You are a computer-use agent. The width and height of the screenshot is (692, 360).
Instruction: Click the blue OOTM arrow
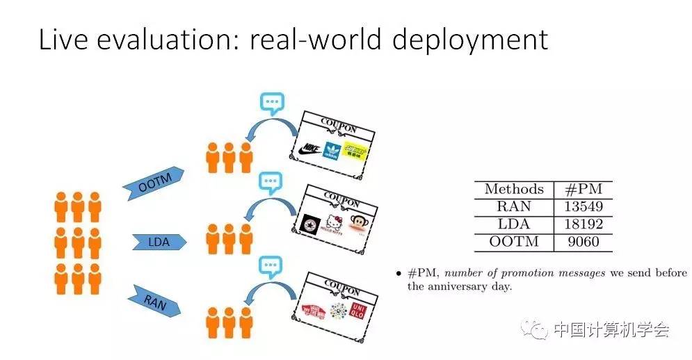click(153, 183)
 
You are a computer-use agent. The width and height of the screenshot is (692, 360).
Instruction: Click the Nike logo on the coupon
click(307, 149)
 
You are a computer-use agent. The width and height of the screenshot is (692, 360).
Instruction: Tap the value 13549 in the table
click(584, 206)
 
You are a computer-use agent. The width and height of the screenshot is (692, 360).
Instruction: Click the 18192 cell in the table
click(584, 224)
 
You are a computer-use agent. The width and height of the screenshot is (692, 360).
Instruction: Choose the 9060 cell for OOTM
click(584, 243)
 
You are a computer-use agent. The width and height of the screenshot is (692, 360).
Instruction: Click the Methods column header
click(514, 189)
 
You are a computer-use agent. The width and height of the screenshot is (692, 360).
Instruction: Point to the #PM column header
click(584, 189)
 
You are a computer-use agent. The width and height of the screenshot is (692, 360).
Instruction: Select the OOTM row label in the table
click(514, 243)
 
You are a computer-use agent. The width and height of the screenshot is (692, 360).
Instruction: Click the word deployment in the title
click(470, 40)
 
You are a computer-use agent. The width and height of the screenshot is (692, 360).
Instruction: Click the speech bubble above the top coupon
click(271, 104)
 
